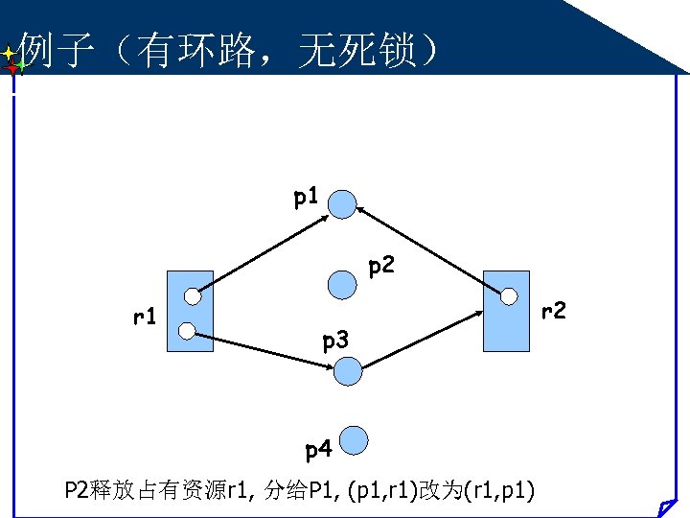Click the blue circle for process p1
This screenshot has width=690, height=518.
point(343,202)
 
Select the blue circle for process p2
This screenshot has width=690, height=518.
point(342,284)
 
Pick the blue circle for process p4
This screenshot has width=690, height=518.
point(355,440)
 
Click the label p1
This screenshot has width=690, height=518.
point(306,199)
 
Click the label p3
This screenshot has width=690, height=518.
point(336,340)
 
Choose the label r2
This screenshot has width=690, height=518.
point(554,311)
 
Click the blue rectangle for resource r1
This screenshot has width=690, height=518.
point(190,312)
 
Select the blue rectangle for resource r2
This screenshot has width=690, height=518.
point(506,312)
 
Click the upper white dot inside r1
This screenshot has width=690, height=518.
point(193,295)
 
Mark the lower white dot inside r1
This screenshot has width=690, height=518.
point(188,331)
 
